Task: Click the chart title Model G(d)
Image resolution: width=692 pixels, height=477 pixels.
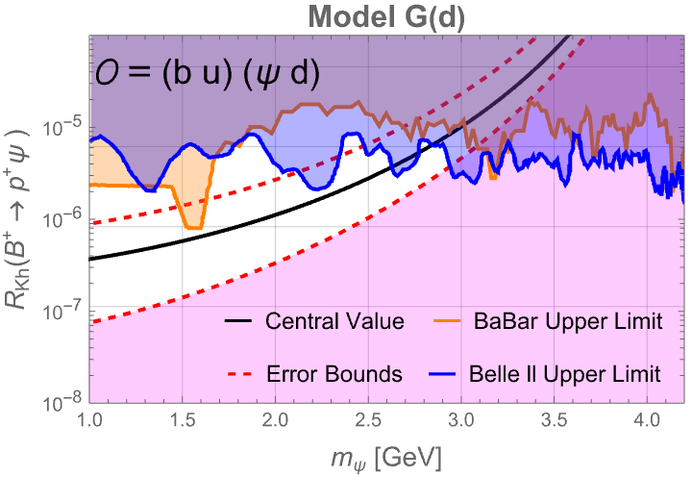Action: click(386, 17)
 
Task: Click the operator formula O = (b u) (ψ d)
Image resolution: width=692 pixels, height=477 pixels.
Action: click(208, 74)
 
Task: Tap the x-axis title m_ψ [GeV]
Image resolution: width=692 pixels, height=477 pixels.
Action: click(386, 459)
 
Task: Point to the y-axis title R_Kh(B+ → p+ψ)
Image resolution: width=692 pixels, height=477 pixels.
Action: click(16, 219)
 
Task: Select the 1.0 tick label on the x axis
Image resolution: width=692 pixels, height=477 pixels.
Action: click(89, 420)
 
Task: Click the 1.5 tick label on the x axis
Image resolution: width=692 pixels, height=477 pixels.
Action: click(183, 420)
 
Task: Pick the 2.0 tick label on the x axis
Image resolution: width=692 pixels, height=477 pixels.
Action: click(276, 420)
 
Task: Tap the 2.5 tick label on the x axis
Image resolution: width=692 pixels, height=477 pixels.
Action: click(368, 420)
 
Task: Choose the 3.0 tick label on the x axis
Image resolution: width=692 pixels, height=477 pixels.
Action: click(461, 420)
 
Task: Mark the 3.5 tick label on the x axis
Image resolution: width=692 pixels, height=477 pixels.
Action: click(555, 420)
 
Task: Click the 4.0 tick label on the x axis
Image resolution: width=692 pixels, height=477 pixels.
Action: click(648, 420)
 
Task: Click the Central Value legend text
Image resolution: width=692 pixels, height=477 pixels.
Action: click(334, 321)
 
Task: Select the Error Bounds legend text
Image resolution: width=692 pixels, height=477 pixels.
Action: click(334, 374)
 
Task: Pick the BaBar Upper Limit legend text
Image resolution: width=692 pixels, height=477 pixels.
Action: click(568, 321)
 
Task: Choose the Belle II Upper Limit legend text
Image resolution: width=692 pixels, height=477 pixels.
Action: click(565, 374)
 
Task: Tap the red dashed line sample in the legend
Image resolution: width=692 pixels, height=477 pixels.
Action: click(239, 374)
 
